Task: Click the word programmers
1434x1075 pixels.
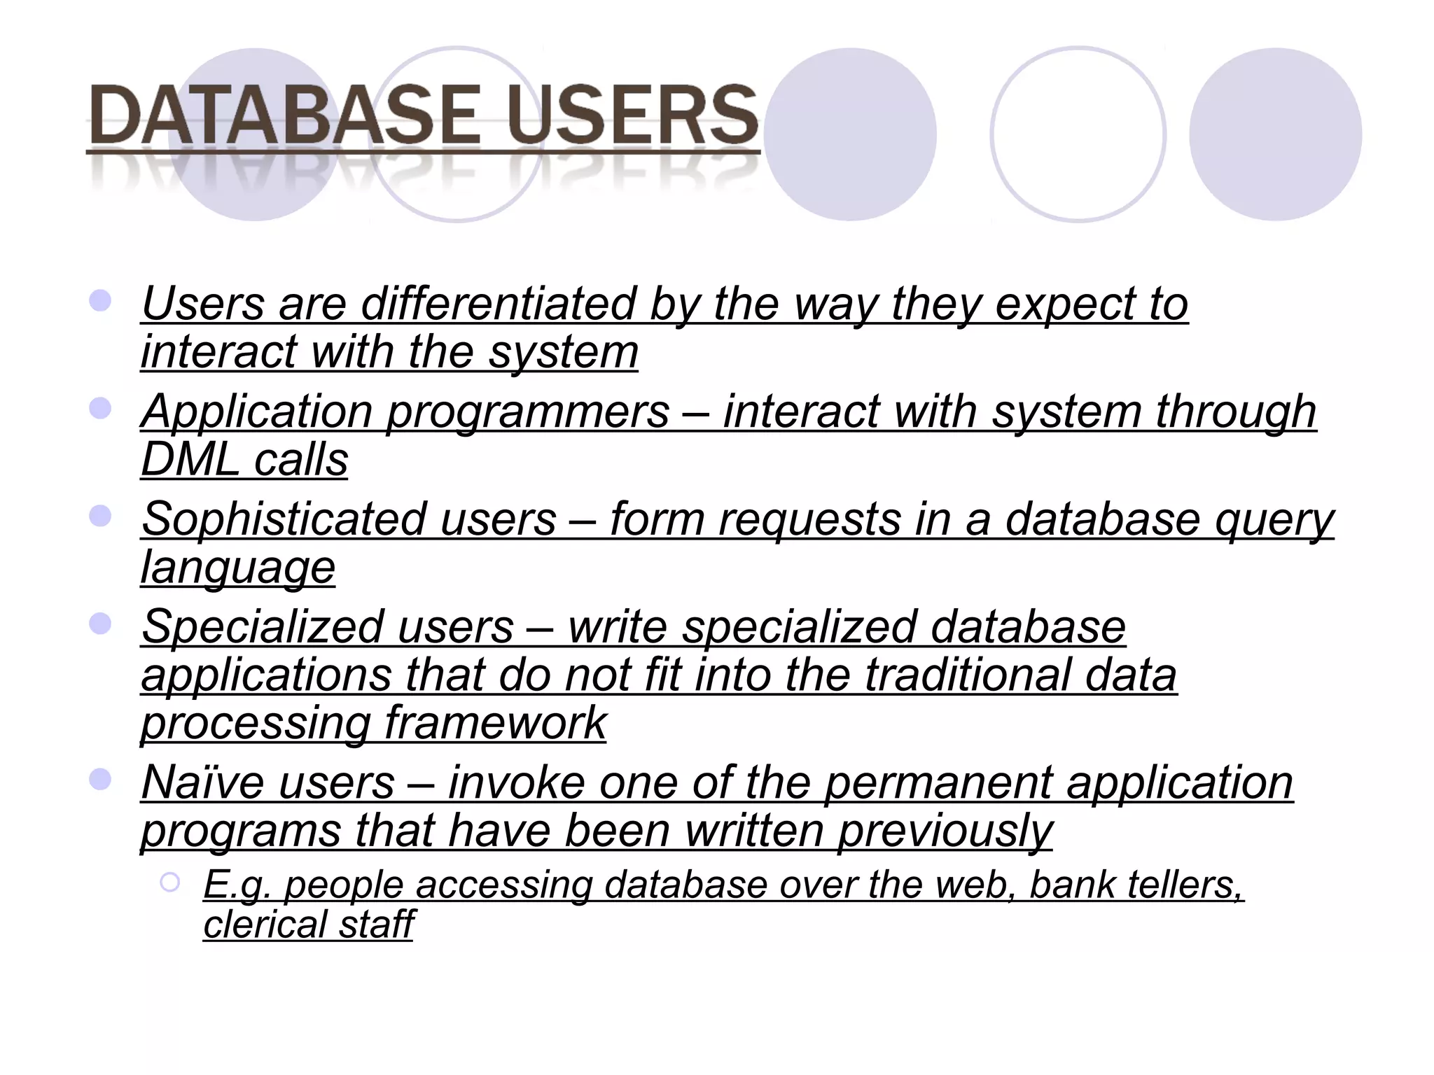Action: tap(529, 412)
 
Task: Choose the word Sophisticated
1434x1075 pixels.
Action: tap(283, 519)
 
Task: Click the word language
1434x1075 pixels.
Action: tap(238, 568)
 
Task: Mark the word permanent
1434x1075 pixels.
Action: tap(938, 783)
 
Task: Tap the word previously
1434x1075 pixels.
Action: tap(945, 832)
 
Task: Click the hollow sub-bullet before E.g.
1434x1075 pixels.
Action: tap(169, 883)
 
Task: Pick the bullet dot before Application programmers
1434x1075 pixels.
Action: tap(101, 409)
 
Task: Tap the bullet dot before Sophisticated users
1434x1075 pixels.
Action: tap(101, 517)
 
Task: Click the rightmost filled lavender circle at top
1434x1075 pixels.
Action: tap(1275, 134)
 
